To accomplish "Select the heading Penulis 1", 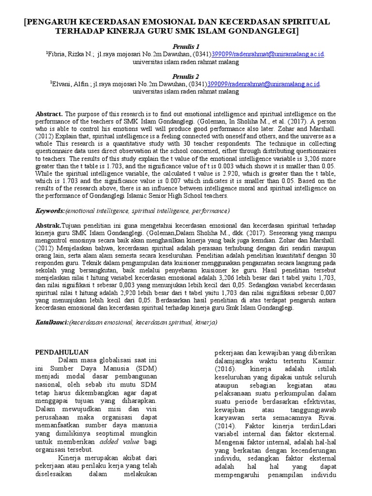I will [186, 46].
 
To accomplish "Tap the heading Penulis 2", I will [186, 77].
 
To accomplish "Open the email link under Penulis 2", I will [264, 84].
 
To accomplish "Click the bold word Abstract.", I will [49, 113].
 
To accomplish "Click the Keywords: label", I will [51, 211].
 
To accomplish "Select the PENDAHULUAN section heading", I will [62, 352].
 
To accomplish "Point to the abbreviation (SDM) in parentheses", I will [149, 368].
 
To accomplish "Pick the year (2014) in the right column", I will [226, 425].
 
